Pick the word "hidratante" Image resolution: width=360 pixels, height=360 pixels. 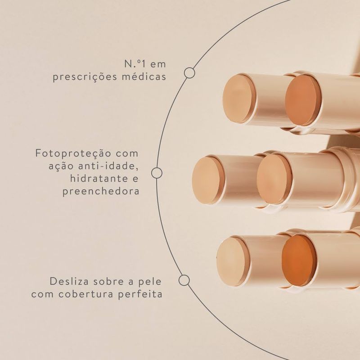[99, 178]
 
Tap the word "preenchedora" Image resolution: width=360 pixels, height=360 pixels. [101, 192]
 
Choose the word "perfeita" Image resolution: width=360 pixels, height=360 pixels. [140, 294]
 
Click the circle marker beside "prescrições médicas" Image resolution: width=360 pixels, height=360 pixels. [189, 73]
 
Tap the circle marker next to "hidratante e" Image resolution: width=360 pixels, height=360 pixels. [157, 173]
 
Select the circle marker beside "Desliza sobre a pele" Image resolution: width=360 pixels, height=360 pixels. [184, 280]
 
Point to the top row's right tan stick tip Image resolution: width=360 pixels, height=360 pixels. [302, 100]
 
